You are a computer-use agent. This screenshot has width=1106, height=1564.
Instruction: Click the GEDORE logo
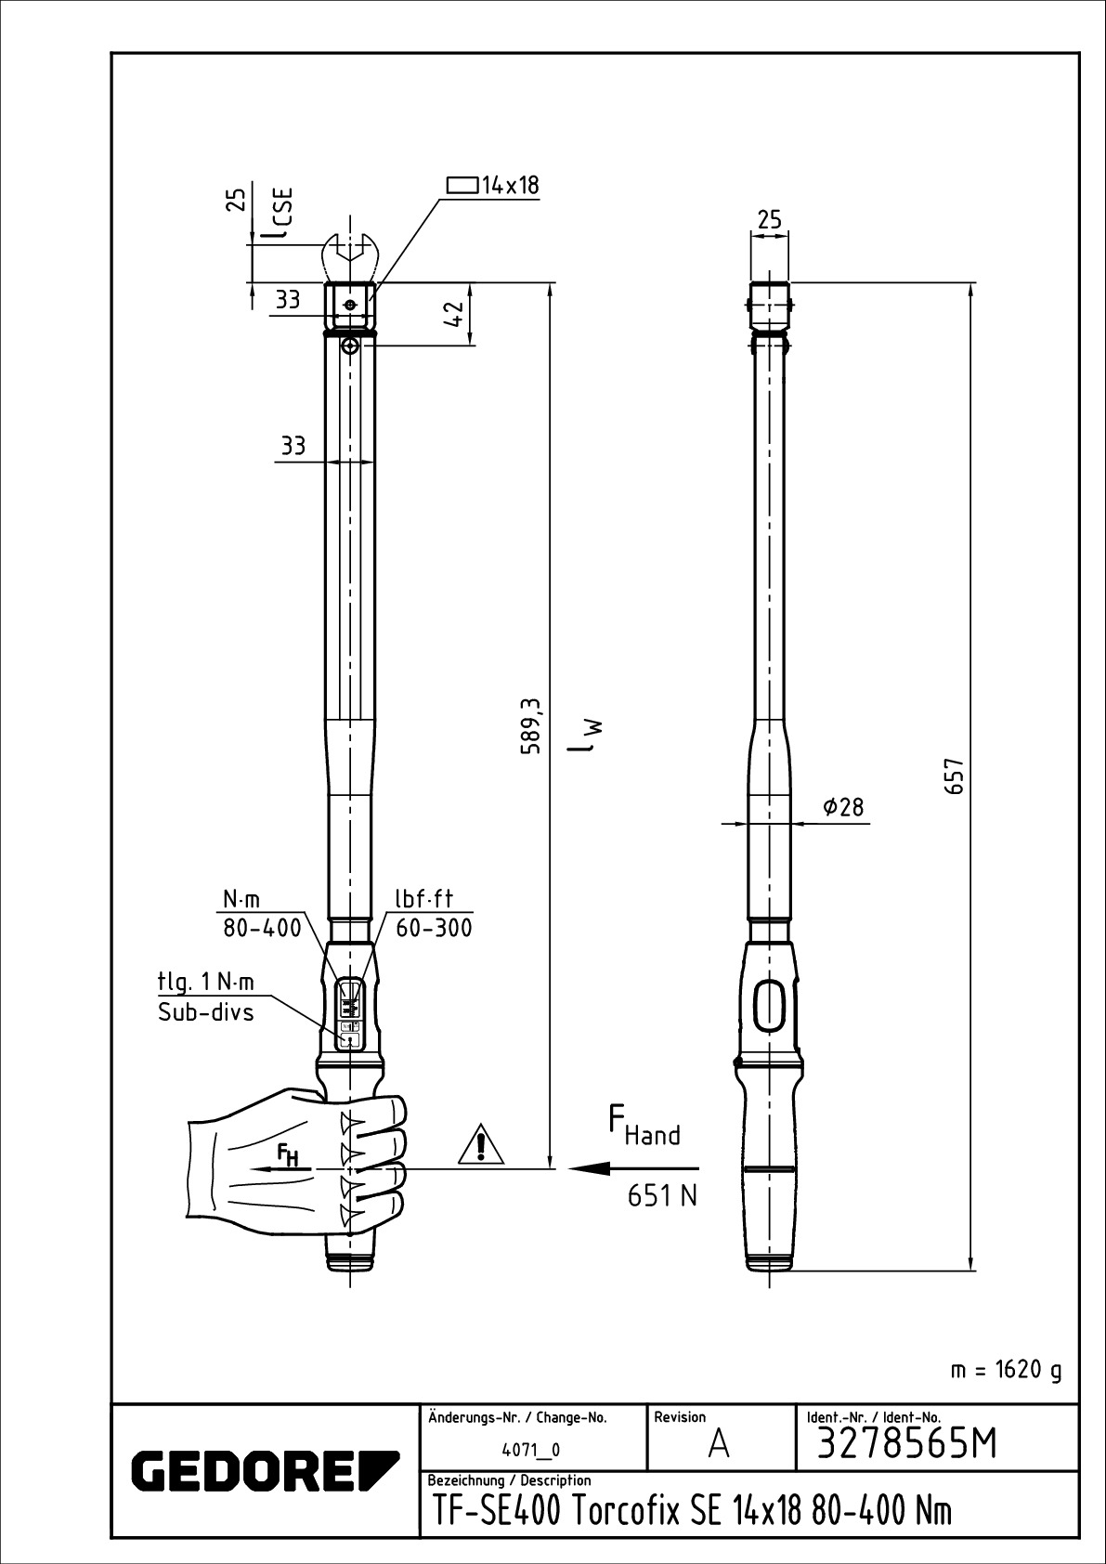click(x=265, y=1470)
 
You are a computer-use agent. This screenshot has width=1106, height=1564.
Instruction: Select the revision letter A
click(x=718, y=1446)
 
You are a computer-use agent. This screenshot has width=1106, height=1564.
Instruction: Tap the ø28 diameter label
click(x=842, y=807)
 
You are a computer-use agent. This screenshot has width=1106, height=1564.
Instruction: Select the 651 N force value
click(x=661, y=1196)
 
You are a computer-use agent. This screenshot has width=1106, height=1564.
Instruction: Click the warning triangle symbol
click(x=479, y=1145)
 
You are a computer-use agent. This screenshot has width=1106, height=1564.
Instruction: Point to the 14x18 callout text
click(x=509, y=185)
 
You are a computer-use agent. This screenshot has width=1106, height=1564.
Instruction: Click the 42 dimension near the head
click(x=454, y=315)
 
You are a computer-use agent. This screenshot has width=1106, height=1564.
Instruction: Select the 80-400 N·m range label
click(x=261, y=928)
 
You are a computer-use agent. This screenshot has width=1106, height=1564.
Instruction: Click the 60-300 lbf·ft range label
click(x=434, y=928)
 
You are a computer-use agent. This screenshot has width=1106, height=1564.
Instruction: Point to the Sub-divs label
click(x=205, y=1012)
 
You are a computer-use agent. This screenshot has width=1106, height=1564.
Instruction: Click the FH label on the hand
click(x=288, y=1154)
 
